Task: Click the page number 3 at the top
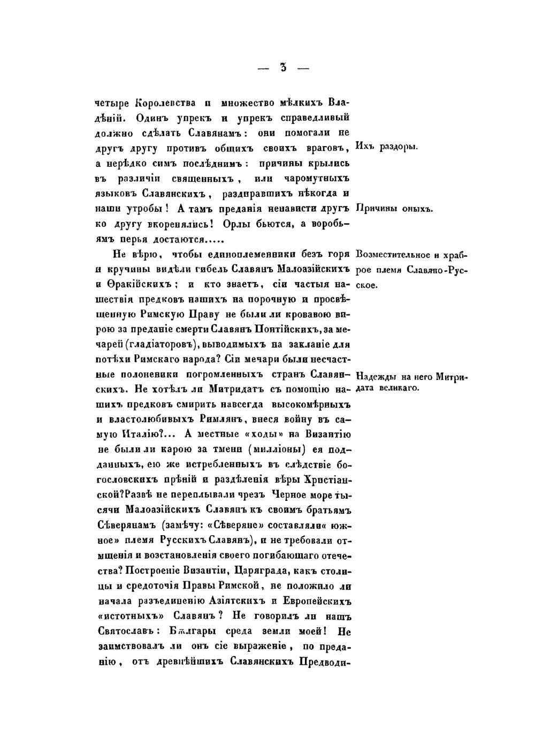[283, 67]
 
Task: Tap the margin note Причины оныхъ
[393, 209]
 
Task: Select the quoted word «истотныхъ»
[128, 616]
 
